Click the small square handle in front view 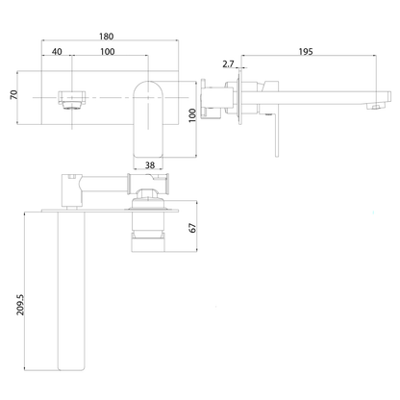click(x=70, y=97)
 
